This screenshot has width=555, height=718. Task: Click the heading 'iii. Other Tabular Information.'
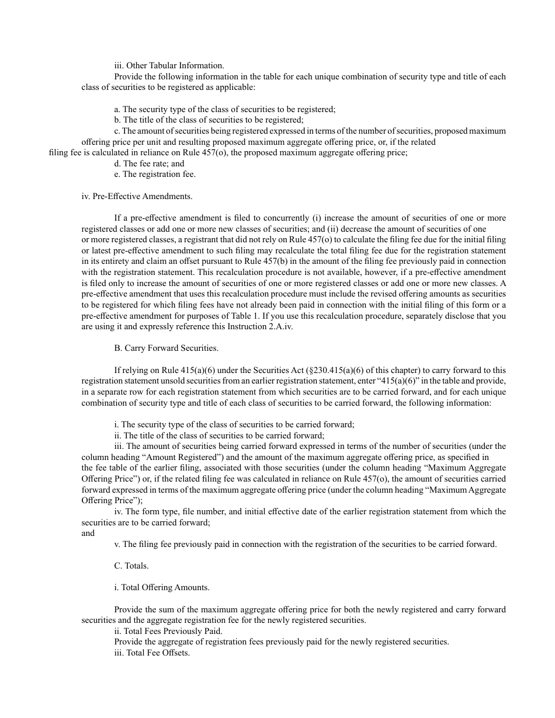coord(169,65)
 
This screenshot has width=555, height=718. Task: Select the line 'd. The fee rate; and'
coord(149,163)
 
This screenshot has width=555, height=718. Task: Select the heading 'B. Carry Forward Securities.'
coord(166,348)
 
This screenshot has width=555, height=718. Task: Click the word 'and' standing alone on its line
coord(88,533)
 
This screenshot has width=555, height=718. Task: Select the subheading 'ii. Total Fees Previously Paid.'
coord(168,631)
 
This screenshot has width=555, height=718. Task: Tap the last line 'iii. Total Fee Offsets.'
coord(152,653)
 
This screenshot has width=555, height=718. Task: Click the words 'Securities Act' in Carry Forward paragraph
coord(274,370)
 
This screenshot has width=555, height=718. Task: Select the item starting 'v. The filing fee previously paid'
coord(305,544)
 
